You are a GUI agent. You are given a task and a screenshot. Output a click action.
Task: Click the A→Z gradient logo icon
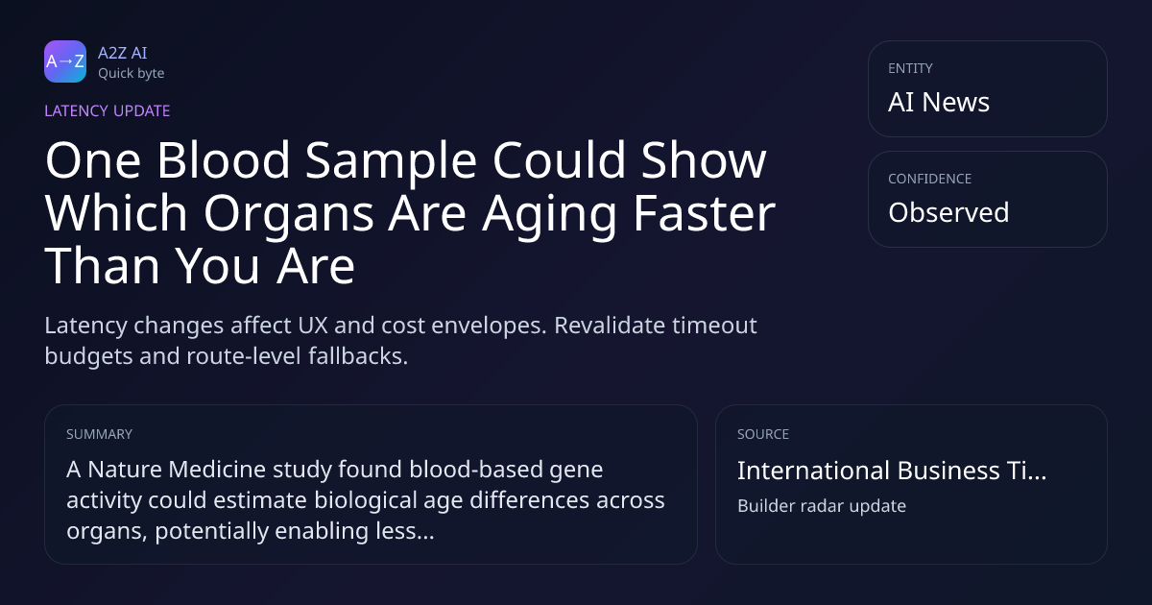coord(65,61)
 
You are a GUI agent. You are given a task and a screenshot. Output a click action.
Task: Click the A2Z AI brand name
coord(123,53)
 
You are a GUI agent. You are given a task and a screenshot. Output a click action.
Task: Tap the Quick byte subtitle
coord(132,74)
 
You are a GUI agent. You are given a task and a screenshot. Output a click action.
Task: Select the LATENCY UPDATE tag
coord(107,110)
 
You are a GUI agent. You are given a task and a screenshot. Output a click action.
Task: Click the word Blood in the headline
coord(223,160)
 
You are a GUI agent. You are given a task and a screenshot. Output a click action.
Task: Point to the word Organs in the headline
coord(289,213)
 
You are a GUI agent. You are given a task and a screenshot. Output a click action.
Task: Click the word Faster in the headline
coord(704,212)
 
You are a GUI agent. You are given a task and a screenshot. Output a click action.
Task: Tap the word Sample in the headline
coord(391,162)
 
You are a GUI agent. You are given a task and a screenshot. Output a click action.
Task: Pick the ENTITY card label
coord(910,68)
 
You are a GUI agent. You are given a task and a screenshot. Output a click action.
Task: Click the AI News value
coord(939,102)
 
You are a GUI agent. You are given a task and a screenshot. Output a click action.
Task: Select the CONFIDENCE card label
coord(930,179)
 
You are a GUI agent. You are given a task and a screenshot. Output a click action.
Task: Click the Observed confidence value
coord(948,212)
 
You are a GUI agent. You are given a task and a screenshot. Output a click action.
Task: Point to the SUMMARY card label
coord(99,434)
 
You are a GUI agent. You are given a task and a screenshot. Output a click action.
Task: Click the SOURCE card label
coord(763,434)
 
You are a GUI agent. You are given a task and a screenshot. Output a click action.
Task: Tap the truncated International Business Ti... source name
coord(892,471)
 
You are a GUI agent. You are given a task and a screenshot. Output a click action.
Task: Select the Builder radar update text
coord(822,506)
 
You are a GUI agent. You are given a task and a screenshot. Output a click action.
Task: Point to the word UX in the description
coord(313,326)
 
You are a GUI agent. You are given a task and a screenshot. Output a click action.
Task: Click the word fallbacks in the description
coord(358,356)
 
